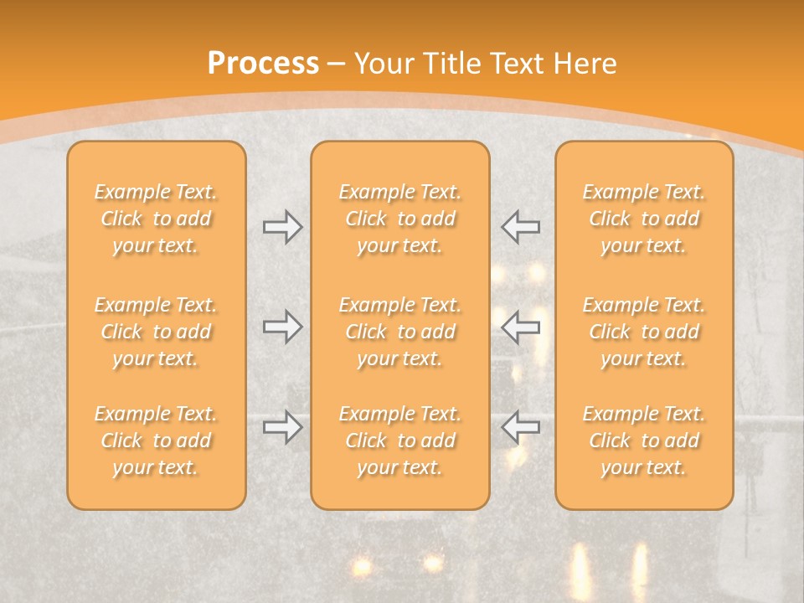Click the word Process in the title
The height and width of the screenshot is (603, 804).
click(263, 64)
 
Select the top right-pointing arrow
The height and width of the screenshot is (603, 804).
click(282, 227)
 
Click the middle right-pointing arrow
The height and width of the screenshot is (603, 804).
click(282, 327)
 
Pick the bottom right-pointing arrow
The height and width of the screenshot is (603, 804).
click(282, 427)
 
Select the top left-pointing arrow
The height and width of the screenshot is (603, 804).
click(520, 227)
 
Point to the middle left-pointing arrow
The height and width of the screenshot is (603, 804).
click(520, 327)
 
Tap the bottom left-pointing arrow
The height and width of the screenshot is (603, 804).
click(520, 427)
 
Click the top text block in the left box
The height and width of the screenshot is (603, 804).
click(156, 219)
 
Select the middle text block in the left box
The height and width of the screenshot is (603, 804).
click(156, 332)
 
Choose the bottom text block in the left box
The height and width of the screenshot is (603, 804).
click(156, 441)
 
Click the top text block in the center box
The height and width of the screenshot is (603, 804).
click(400, 219)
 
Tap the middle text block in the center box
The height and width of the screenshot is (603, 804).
click(400, 332)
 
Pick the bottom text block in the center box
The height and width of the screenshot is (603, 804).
click(400, 441)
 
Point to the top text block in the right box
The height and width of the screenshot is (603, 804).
click(644, 219)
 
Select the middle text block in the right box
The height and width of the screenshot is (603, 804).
click(644, 332)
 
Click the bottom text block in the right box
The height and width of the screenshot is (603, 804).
click(644, 441)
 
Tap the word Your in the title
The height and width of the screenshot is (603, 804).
click(383, 64)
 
